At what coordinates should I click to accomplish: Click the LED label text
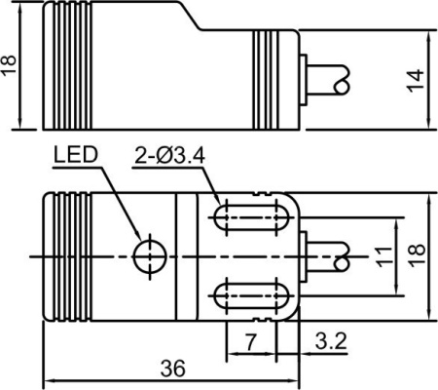point(76,155)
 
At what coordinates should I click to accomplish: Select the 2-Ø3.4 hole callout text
point(170,155)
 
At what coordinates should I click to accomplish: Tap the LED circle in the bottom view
point(150,256)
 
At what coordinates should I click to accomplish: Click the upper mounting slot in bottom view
point(251,217)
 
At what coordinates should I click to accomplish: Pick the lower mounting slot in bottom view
point(251,295)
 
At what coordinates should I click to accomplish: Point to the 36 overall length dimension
point(173,369)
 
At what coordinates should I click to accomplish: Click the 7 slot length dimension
point(250,342)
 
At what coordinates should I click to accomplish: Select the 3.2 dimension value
point(331,341)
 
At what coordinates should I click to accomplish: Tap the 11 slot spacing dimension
point(383,256)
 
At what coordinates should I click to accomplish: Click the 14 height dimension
point(416,81)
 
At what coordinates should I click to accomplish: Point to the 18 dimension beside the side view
point(9,65)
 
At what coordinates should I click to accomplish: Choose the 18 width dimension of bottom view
point(417,255)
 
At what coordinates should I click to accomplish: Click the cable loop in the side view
point(342,81)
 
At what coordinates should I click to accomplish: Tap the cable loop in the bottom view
point(342,256)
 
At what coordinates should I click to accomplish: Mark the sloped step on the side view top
point(191,17)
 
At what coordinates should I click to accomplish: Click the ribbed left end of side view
point(67,65)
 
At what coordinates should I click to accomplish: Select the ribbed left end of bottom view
point(67,256)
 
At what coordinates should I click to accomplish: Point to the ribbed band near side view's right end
point(266,80)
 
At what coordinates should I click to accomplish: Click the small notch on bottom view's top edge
point(262,194)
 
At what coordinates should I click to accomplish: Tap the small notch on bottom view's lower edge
point(262,320)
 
